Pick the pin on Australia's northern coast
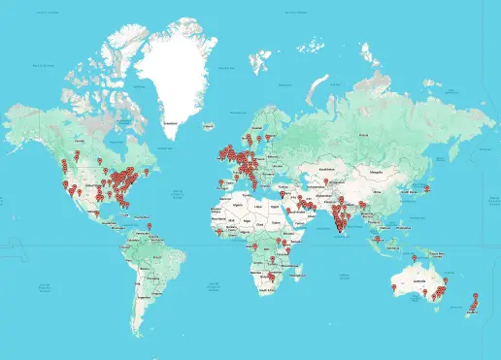(x=415, y=259)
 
